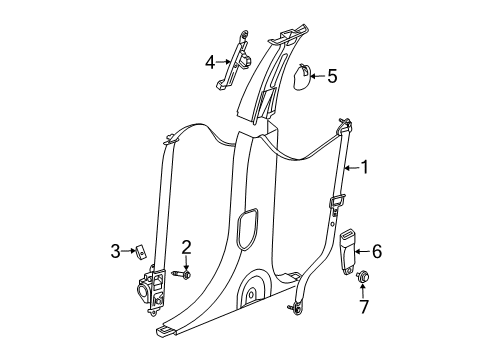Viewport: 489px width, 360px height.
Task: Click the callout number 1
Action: click(364, 168)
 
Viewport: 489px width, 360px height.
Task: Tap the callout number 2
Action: click(186, 247)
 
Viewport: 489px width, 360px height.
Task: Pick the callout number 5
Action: click(332, 74)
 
